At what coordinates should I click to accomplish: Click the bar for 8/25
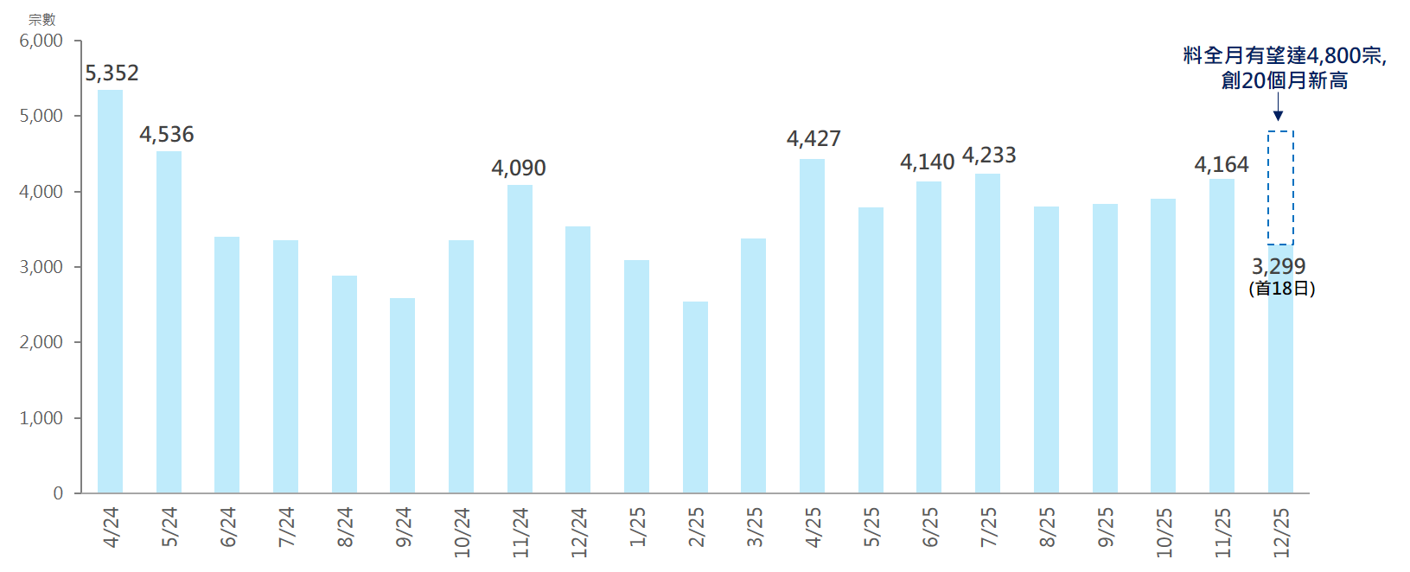[x=1046, y=350]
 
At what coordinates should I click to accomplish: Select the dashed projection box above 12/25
[x=1280, y=187]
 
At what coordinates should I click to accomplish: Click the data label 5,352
[x=112, y=73]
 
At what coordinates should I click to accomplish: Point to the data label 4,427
[x=813, y=139]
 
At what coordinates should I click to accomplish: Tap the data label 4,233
[x=989, y=156]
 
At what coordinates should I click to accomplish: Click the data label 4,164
[x=1222, y=165]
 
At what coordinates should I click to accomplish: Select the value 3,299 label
[x=1279, y=266]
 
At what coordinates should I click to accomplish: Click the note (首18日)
[x=1281, y=289]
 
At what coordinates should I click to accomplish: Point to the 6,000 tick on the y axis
[x=41, y=41]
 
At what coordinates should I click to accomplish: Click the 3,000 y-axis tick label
[x=41, y=267]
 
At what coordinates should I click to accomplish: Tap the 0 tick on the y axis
[x=58, y=493]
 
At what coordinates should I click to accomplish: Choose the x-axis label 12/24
[x=578, y=531]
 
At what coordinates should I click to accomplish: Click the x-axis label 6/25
[x=930, y=526]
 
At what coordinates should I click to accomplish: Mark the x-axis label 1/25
[x=637, y=526]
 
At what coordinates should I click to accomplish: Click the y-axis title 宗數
[x=41, y=19]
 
